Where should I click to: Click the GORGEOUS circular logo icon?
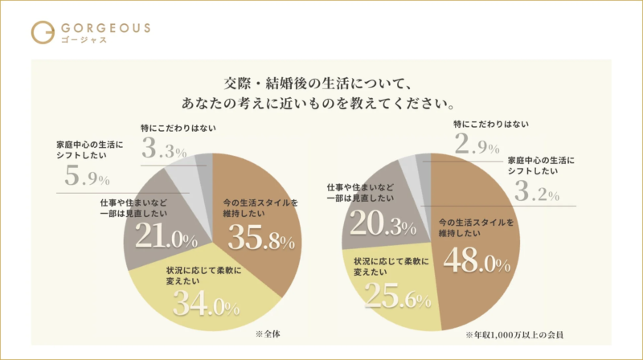[x=42, y=32]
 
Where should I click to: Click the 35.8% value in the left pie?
[x=258, y=239]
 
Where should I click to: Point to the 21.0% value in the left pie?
[x=166, y=239]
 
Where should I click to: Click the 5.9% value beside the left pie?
[x=87, y=177]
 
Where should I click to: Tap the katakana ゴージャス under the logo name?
[x=82, y=40]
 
